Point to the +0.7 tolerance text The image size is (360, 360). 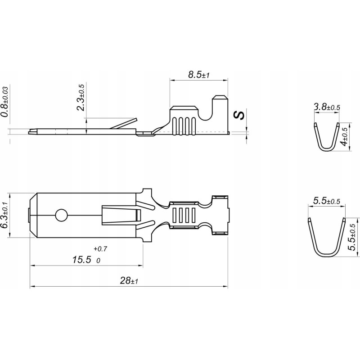100,248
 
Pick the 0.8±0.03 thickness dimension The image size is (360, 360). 5,102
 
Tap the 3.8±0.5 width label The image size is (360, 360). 326,107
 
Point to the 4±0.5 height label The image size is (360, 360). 346,137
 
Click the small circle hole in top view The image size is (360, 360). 60,215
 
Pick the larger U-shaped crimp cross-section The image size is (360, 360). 326,238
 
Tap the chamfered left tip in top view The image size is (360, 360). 32,216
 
